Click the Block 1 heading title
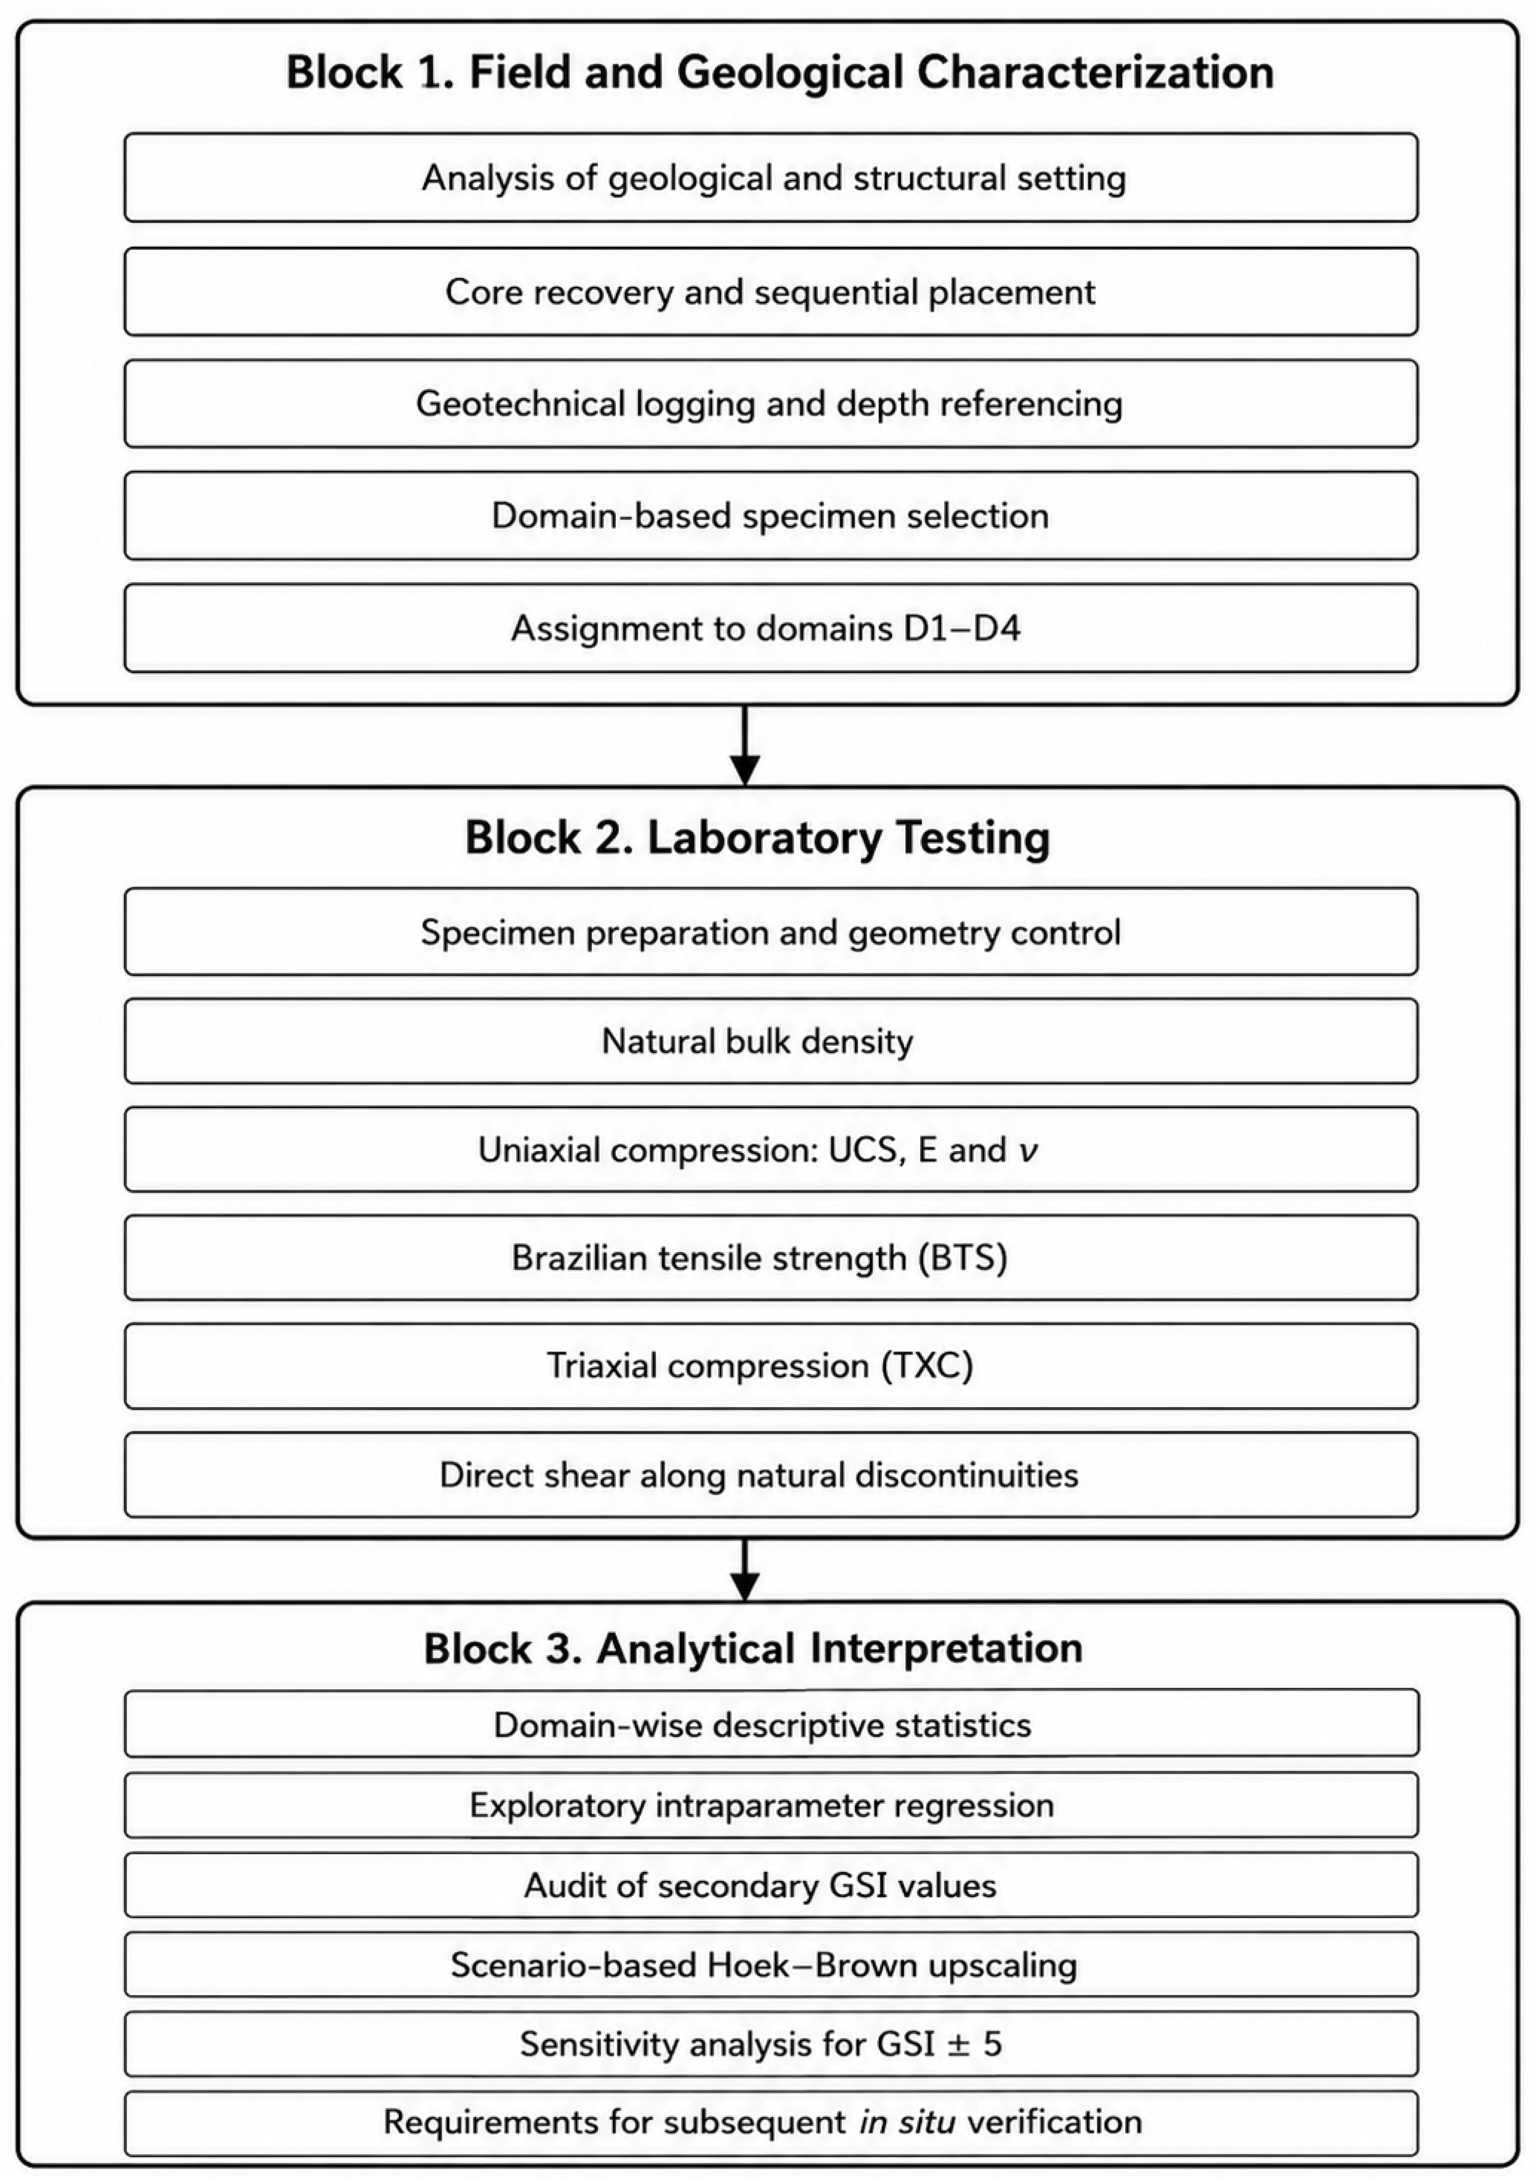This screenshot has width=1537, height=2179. click(x=780, y=73)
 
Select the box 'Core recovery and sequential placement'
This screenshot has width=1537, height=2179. click(x=771, y=291)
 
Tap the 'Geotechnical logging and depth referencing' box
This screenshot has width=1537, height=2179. click(x=771, y=404)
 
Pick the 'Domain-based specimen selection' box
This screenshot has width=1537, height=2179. click(x=771, y=515)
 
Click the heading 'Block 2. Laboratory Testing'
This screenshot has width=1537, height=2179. click(x=757, y=838)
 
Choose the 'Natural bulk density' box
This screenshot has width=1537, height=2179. click(x=771, y=1041)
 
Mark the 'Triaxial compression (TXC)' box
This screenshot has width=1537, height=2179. click(x=771, y=1366)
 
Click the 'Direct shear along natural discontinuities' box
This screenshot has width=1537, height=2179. click(x=771, y=1475)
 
